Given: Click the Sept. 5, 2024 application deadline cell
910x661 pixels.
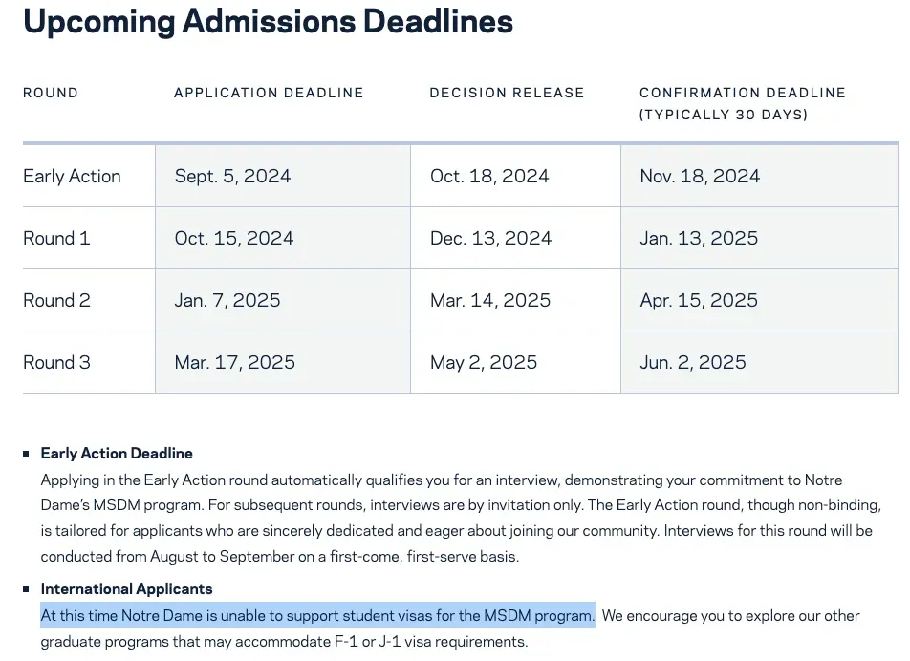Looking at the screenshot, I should point(232,177).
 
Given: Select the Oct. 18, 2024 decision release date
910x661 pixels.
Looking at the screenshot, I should point(489,177).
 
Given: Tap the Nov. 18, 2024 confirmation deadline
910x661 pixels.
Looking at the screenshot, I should point(700,177).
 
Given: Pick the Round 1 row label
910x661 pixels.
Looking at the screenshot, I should point(56,239).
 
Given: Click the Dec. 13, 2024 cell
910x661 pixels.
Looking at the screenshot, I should point(490,239).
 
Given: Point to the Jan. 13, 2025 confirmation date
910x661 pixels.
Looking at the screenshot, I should point(699,239).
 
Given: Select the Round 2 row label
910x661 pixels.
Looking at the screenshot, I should point(56,301).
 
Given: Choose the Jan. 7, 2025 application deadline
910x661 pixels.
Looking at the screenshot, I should point(227,301).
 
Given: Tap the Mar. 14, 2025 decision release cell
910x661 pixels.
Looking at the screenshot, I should point(490,301).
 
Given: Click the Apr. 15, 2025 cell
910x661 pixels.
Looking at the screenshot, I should point(699,301).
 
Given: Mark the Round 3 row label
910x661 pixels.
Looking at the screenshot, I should point(56,363).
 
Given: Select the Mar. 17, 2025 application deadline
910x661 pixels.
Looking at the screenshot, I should point(234,363).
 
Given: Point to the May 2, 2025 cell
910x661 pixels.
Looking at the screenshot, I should point(484,363).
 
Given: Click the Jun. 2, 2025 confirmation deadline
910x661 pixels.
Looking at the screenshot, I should point(693,363).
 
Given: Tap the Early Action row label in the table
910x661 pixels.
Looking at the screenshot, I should point(72,177).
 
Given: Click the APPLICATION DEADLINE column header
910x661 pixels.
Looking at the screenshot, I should point(269,93).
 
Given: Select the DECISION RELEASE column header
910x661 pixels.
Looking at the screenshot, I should point(507,93).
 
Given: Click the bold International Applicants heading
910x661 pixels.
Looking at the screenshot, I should point(126,589).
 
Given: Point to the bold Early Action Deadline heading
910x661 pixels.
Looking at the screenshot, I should point(117,454).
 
